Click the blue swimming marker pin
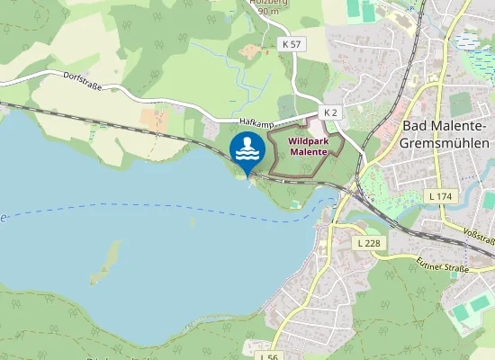247,150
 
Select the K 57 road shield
292,43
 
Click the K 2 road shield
330,112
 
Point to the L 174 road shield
440,195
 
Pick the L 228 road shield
368,243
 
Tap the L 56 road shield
267,355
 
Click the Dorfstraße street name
83,82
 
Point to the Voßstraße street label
480,237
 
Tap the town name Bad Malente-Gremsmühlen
445,134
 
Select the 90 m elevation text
267,12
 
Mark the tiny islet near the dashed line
192,220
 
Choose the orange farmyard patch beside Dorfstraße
154,118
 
